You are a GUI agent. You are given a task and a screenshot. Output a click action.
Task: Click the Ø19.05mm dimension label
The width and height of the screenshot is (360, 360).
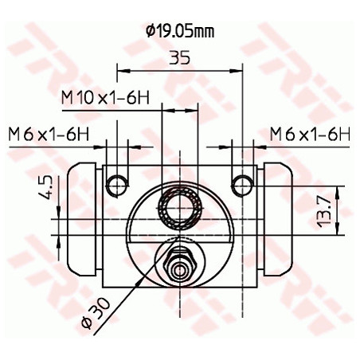pyautogui.click(x=180, y=32)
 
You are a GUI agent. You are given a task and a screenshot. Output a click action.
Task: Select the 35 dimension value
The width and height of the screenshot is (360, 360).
pyautogui.click(x=180, y=58)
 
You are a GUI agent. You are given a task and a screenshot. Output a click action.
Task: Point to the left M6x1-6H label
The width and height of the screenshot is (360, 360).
pyautogui.click(x=48, y=134)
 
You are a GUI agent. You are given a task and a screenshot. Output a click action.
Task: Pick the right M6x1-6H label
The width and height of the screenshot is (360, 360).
pyautogui.click(x=310, y=134)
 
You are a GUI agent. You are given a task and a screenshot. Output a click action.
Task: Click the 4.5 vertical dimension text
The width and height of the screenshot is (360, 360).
pyautogui.click(x=46, y=189)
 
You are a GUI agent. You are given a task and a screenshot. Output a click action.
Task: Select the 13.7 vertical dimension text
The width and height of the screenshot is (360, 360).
pyautogui.click(x=321, y=211)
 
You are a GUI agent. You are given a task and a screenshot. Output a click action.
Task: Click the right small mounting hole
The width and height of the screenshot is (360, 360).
pyautogui.click(x=241, y=185)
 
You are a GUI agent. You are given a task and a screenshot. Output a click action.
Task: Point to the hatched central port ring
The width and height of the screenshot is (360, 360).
pyautogui.click(x=180, y=209)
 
